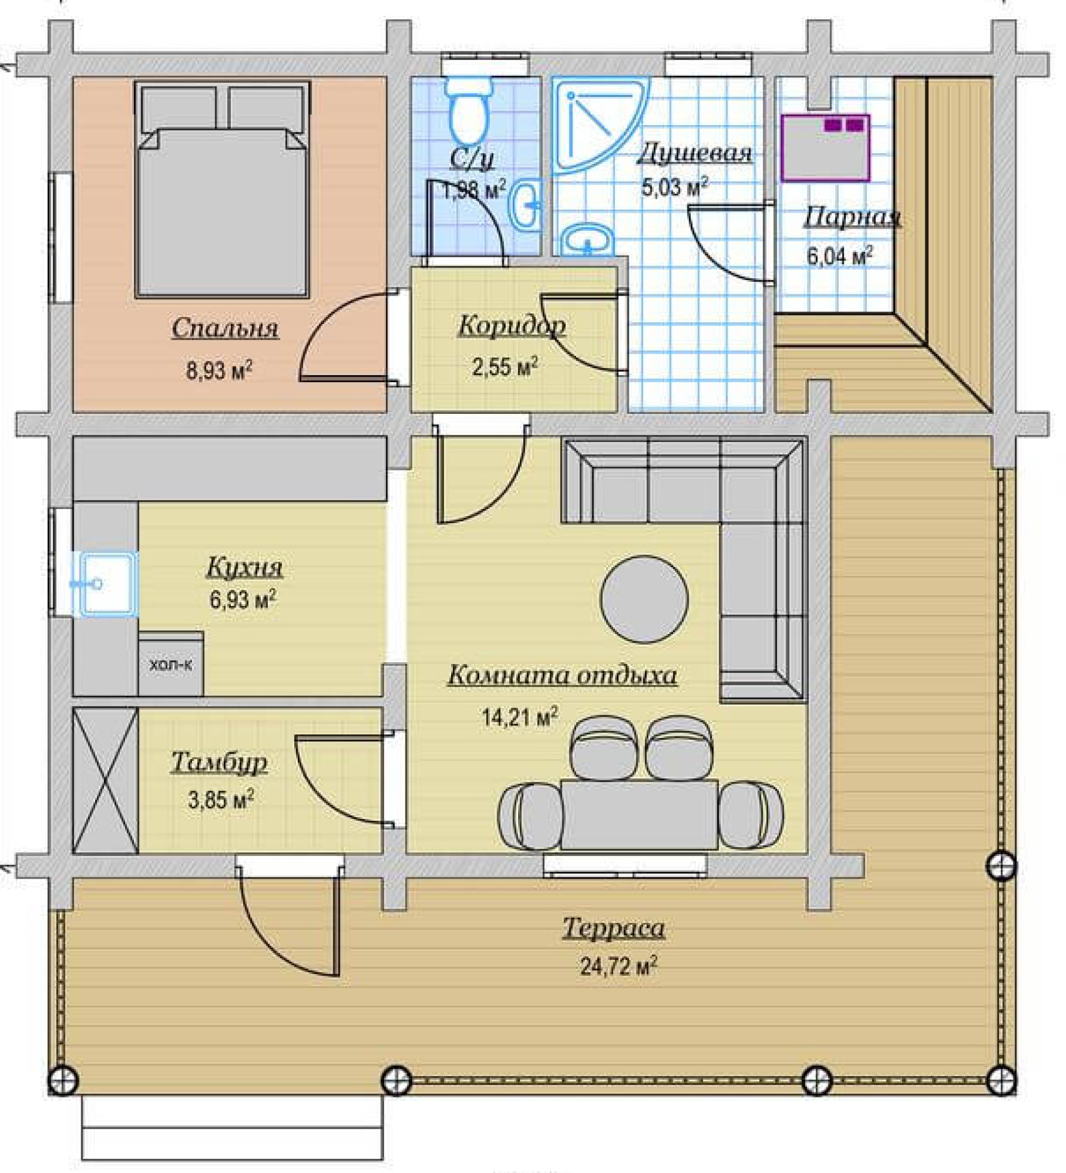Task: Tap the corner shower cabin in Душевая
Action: point(594,119)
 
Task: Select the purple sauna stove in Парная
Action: point(826,148)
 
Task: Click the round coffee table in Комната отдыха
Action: point(644,599)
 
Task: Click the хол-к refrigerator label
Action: point(171,665)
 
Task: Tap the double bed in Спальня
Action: point(223,189)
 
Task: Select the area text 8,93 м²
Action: point(219,370)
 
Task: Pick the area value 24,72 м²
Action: point(618,967)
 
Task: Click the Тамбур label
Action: point(219,763)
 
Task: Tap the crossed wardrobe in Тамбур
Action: point(105,780)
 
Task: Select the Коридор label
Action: point(512,326)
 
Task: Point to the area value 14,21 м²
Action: point(519,717)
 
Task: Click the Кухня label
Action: point(245,567)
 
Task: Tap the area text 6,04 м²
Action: point(840,256)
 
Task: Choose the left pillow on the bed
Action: point(180,108)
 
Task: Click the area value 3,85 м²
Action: point(221,800)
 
